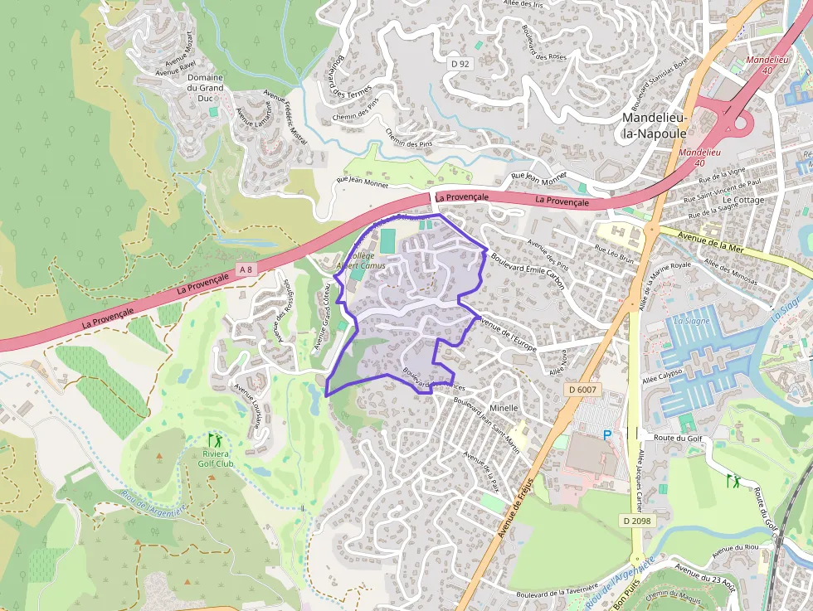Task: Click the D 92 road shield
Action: tap(460, 64)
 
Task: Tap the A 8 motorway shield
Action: tap(245, 270)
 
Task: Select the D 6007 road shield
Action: tap(584, 388)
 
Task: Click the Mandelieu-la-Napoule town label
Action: tap(655, 125)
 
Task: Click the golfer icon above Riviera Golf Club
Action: tap(215, 440)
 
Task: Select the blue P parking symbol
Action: tap(606, 435)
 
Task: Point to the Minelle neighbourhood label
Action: tap(504, 408)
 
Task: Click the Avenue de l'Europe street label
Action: tap(508, 337)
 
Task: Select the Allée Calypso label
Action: tap(662, 376)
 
